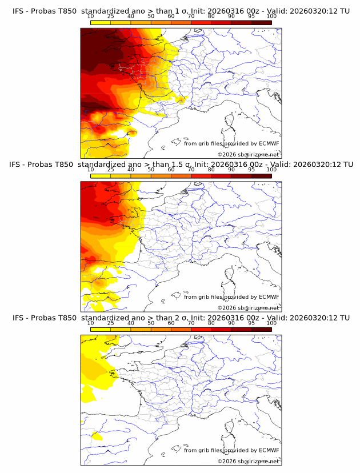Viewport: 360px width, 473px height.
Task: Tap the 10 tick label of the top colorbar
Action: click(x=91, y=17)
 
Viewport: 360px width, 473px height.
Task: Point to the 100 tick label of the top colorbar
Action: click(x=271, y=17)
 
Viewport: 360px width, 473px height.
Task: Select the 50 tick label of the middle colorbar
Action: click(x=151, y=170)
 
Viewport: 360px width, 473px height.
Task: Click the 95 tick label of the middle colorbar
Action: click(x=251, y=170)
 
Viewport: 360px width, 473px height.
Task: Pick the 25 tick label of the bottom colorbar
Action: click(x=111, y=323)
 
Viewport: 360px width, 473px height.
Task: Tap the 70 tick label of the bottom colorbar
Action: click(x=191, y=323)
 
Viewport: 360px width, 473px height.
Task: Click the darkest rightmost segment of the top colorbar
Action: click(x=261, y=22)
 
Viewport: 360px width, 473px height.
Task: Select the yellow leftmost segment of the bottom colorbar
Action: click(x=101, y=329)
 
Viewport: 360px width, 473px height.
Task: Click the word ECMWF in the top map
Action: click(x=269, y=144)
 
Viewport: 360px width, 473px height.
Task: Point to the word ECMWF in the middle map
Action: click(x=269, y=297)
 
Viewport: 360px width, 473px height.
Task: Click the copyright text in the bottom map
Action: click(x=248, y=460)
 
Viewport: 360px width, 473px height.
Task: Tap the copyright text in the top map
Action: click(x=248, y=154)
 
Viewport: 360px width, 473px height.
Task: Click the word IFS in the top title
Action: click(x=18, y=11)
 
